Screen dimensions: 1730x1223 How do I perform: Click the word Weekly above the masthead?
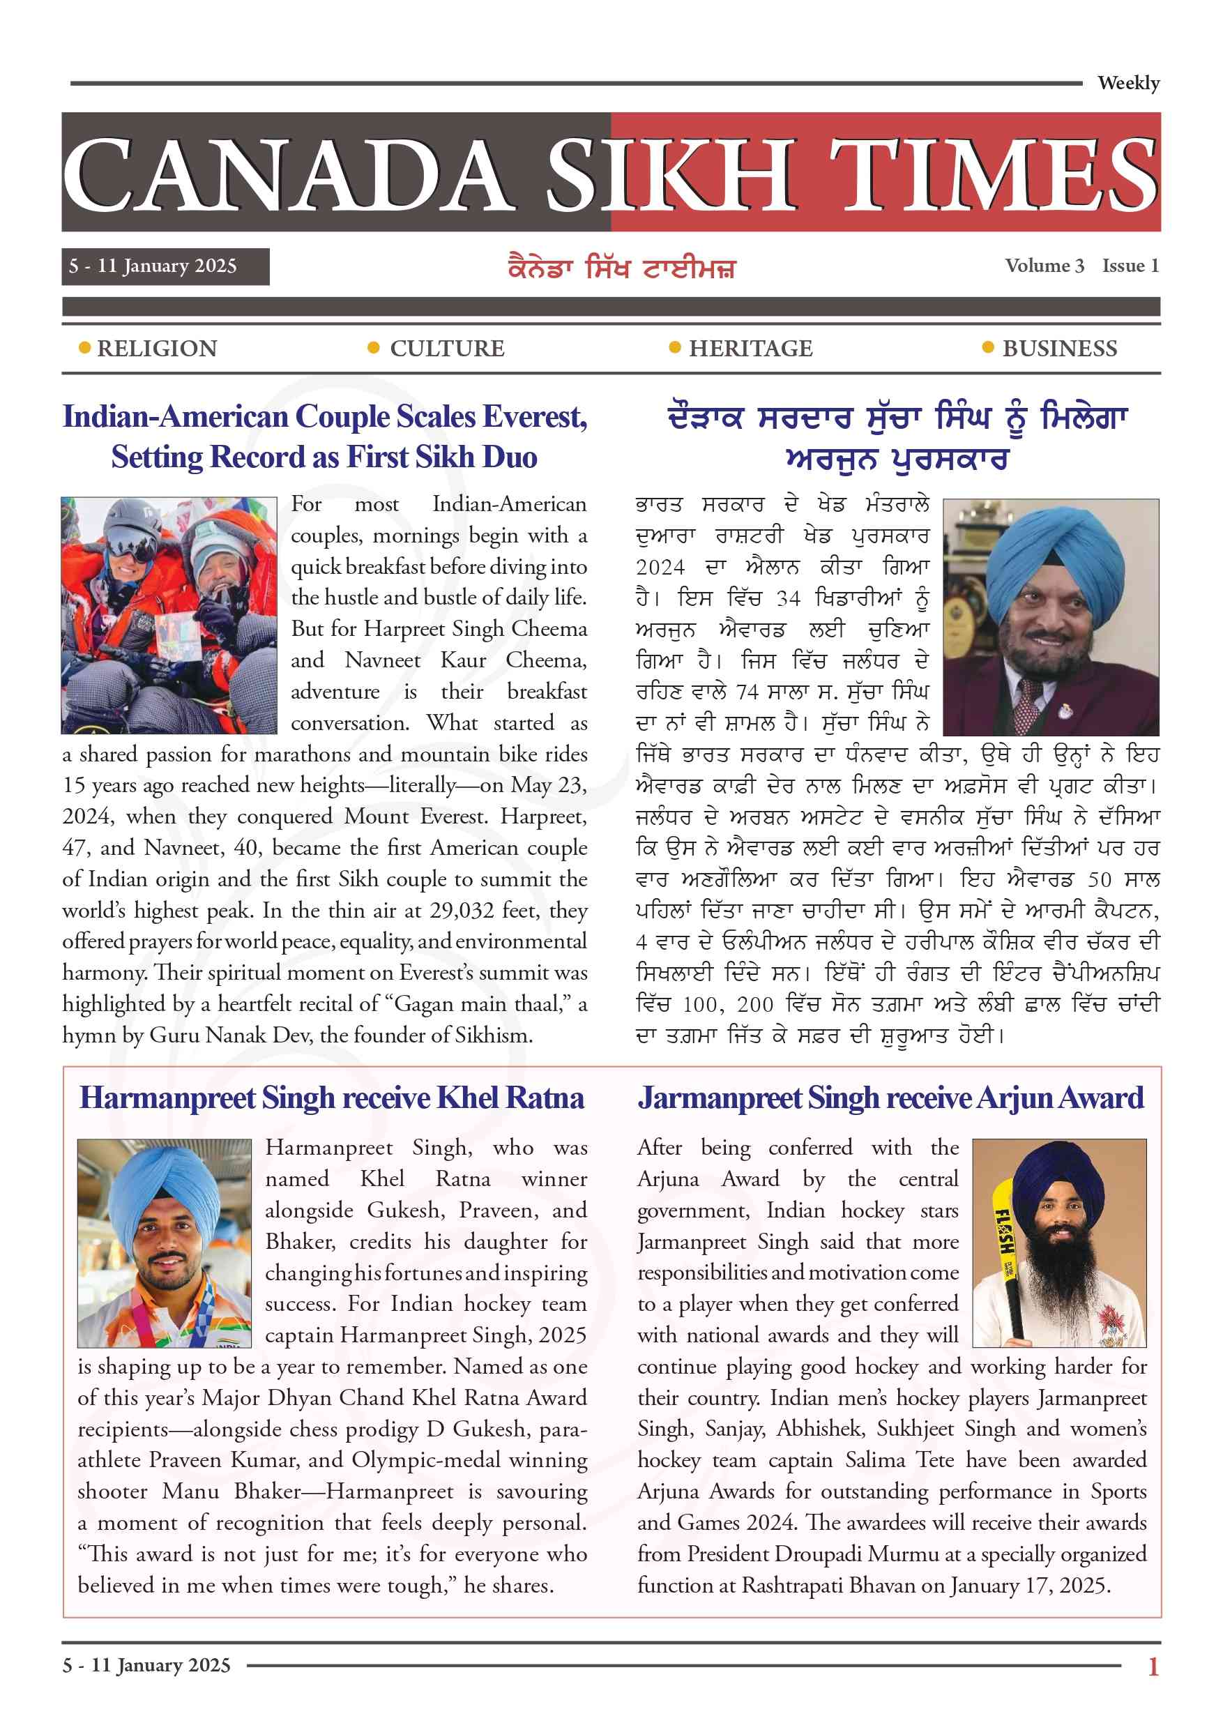pyautogui.click(x=1127, y=83)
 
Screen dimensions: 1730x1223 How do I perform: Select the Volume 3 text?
pyautogui.click(x=1044, y=265)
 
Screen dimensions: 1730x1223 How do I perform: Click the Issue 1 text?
pyautogui.click(x=1130, y=265)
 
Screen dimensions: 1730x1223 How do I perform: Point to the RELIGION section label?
pyautogui.click(x=157, y=348)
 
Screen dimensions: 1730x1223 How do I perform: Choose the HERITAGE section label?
pyautogui.click(x=750, y=348)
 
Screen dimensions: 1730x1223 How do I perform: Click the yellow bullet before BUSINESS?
pyautogui.click(x=988, y=347)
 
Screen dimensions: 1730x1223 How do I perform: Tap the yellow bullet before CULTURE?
pyautogui.click(x=373, y=347)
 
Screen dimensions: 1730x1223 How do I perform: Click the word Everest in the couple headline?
pyautogui.click(x=534, y=417)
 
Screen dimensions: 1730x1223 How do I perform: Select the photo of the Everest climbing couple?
pyautogui.click(x=169, y=615)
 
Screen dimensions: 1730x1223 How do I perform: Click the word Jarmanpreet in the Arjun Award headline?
pyautogui.click(x=720, y=1098)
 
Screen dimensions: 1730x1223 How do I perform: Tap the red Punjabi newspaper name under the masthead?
pyautogui.click(x=622, y=268)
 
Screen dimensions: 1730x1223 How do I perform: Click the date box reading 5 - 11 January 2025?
pyautogui.click(x=165, y=266)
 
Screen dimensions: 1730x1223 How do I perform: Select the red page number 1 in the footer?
pyautogui.click(x=1152, y=1666)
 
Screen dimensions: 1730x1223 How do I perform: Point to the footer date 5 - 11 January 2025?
pyautogui.click(x=146, y=1665)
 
